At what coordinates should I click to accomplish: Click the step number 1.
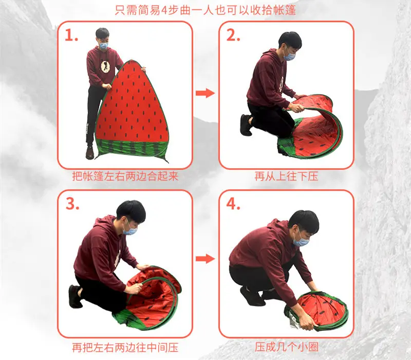click(x=71, y=35)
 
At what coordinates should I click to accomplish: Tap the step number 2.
click(x=233, y=35)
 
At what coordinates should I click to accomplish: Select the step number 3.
click(x=72, y=203)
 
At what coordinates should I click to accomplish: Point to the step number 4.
click(x=233, y=203)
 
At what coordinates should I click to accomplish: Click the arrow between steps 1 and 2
click(x=205, y=93)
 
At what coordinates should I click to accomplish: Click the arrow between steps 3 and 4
click(x=205, y=259)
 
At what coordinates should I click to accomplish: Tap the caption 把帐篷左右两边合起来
click(x=125, y=176)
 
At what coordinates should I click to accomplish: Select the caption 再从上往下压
click(x=286, y=176)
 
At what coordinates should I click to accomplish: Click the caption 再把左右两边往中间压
click(x=125, y=348)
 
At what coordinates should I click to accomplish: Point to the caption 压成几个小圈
click(x=286, y=347)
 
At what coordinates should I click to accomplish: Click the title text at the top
click(x=206, y=10)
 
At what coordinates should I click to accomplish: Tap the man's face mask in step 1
click(x=104, y=46)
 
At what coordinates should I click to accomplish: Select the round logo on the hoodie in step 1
click(x=105, y=66)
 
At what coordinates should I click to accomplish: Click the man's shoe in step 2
click(x=246, y=125)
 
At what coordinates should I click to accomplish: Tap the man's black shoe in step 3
click(x=74, y=297)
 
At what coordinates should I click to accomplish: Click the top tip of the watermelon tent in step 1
click(x=131, y=61)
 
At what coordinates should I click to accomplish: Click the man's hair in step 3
click(x=131, y=210)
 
